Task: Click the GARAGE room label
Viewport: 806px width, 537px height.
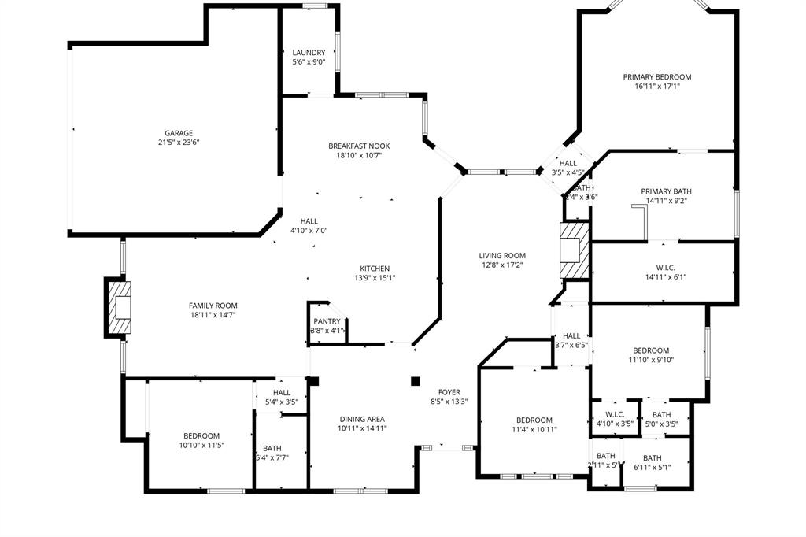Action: (x=179, y=133)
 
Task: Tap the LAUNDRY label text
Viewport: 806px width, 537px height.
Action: (x=309, y=53)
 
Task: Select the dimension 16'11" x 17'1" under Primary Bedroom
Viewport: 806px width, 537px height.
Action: (x=656, y=87)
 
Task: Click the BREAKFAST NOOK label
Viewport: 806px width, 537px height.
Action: (x=359, y=146)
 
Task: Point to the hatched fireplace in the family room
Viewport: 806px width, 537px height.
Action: (x=120, y=306)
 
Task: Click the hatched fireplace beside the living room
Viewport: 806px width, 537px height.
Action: (x=573, y=249)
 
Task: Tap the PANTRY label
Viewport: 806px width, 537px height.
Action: (x=327, y=321)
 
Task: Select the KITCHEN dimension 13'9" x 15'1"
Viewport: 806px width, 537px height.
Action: (x=375, y=278)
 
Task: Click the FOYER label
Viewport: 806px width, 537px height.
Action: (x=449, y=392)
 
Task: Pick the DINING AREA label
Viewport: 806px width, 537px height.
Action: (x=363, y=419)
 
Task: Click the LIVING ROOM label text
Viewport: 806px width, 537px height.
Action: (x=502, y=255)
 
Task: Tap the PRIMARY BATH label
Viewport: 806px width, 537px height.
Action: (x=666, y=191)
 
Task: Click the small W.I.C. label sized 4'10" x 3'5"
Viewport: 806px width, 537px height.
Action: (x=615, y=415)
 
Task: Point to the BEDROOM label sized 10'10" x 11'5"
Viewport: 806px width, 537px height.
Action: (x=201, y=435)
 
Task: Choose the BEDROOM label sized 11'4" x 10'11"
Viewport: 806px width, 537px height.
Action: (x=534, y=420)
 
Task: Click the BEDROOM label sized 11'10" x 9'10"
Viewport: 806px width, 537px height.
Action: (x=651, y=350)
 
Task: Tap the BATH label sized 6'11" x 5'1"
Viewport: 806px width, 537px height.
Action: (x=653, y=458)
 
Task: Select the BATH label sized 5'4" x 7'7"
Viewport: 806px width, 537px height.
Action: (x=272, y=448)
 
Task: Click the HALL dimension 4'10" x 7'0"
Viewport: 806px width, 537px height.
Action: (x=309, y=231)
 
